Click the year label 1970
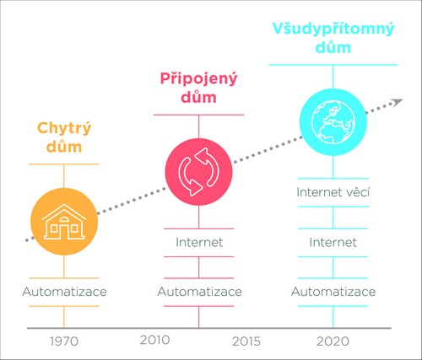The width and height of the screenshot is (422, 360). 64,341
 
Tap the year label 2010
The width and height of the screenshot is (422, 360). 154,340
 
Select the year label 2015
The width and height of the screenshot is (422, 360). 246,341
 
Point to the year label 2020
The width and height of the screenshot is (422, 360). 333,341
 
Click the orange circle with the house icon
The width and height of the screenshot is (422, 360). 64,222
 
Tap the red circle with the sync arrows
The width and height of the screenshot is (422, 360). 198,172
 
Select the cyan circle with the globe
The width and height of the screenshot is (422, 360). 333,122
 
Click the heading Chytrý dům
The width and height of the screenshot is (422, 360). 64,137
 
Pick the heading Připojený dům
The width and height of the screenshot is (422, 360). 198,88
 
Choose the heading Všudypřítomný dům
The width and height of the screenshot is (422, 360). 333,38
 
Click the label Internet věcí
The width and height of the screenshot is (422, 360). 333,192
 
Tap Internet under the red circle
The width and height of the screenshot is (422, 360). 199,242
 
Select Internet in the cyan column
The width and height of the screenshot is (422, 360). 333,242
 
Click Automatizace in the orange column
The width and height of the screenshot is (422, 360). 64,292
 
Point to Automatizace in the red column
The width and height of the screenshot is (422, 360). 199,292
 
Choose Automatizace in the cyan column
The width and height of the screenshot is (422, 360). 333,292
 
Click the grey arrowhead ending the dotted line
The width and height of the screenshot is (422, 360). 398,102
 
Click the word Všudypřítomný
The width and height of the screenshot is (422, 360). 333,30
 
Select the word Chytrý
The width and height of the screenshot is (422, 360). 64,129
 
